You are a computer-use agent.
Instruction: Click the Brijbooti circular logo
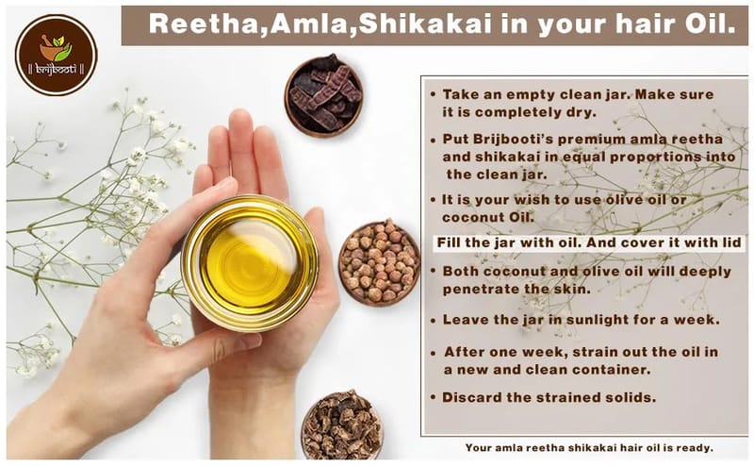click(x=56, y=55)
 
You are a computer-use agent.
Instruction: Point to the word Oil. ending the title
click(x=712, y=24)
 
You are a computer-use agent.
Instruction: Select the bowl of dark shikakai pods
click(x=323, y=95)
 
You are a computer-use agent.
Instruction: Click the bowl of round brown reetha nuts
click(x=379, y=263)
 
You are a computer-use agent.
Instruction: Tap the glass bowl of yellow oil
click(x=250, y=263)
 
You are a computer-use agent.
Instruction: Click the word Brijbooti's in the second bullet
click(x=498, y=139)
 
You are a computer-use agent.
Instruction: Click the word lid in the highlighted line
click(x=732, y=242)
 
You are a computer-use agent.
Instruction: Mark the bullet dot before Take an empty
click(x=434, y=94)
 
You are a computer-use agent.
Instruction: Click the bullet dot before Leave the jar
click(x=434, y=321)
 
